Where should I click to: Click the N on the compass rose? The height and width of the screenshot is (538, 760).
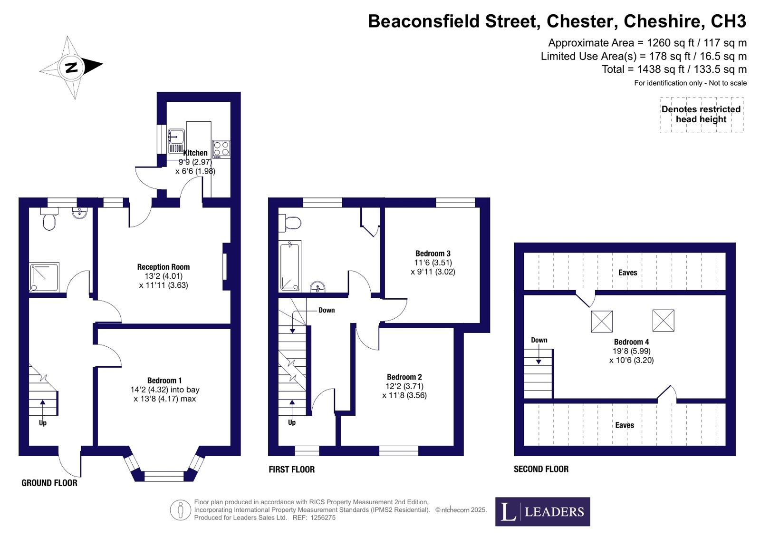(71, 68)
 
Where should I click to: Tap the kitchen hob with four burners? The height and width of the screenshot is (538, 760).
(221, 149)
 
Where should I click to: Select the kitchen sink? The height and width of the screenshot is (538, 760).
(176, 141)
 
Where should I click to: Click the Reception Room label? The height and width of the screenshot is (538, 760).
(163, 267)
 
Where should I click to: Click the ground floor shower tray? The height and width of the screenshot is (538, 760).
(44, 277)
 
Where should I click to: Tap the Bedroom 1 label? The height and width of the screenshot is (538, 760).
(164, 381)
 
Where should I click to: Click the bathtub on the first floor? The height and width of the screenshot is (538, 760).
(290, 266)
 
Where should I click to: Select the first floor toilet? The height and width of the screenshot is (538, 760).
(289, 223)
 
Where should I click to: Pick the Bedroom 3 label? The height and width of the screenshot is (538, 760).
(433, 254)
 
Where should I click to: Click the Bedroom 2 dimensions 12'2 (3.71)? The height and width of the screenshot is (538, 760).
(404, 386)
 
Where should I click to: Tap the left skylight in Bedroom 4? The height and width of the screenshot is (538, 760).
(602, 321)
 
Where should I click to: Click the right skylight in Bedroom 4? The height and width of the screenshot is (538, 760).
(664, 320)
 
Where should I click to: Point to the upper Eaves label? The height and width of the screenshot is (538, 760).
(628, 273)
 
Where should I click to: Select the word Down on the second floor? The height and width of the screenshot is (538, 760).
(539, 340)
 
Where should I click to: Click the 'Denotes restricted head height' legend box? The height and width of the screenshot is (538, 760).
(702, 115)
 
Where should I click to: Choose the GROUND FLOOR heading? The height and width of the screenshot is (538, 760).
(49, 483)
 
